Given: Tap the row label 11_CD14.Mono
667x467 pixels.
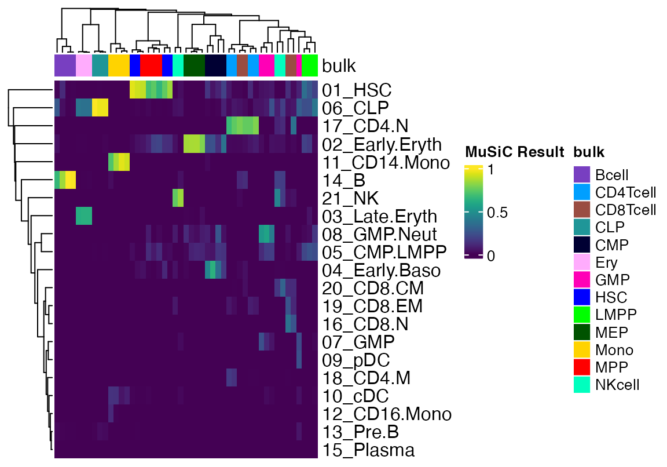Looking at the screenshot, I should coord(386,163).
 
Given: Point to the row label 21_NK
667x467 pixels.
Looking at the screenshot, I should coord(350,199).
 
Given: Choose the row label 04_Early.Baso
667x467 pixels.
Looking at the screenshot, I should coord(381,271).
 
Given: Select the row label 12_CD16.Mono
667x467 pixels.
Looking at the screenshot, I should coord(386,414).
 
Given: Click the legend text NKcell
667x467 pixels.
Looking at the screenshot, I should coord(617,384).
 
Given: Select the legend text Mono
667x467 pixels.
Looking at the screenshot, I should coord(614,349).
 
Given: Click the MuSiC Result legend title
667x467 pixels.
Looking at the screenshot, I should coord(514,152).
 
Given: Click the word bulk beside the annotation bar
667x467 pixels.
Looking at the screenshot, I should coord(339,65).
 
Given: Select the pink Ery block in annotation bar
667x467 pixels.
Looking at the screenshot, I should coord(83,65).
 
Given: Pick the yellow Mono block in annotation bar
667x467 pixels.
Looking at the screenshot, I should coord(119,65).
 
